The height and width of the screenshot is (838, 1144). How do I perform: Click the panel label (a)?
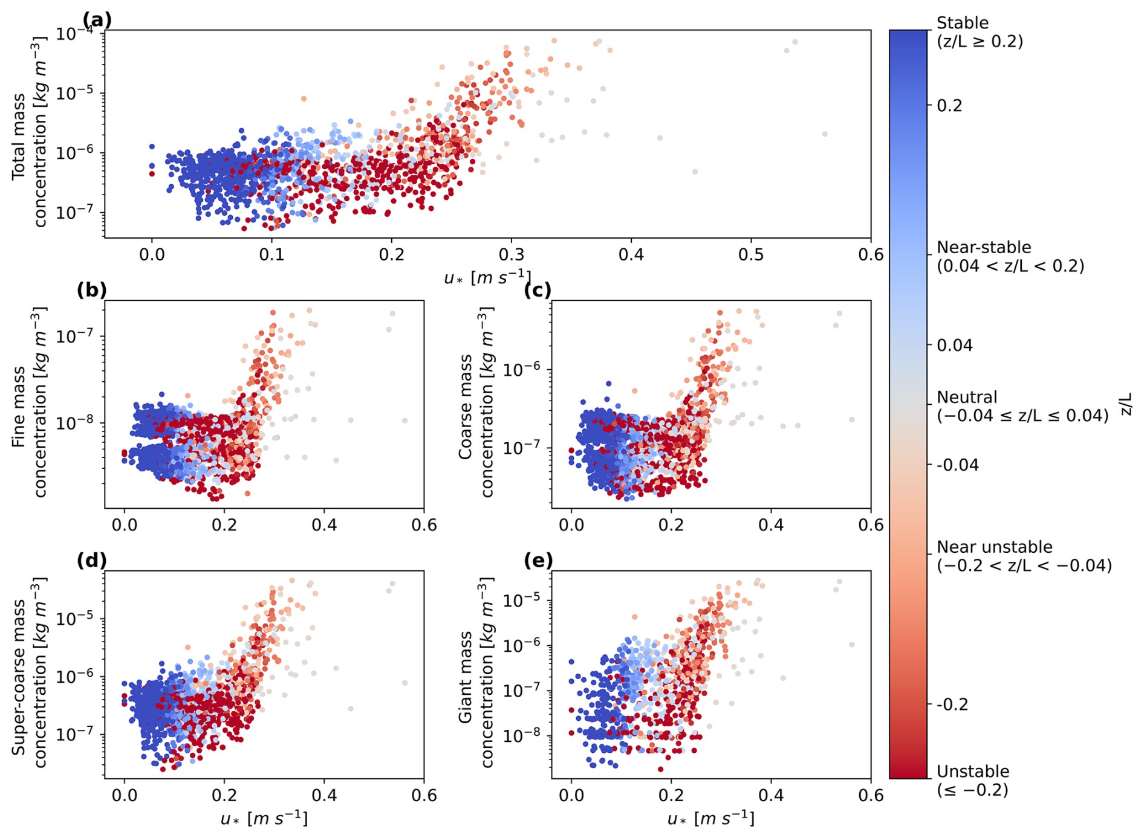(97, 20)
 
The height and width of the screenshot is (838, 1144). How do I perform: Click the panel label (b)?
(91, 290)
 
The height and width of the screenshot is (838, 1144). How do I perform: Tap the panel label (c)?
(538, 290)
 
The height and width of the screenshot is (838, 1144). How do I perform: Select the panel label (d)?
(91, 560)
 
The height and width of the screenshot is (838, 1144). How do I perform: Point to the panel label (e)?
(538, 560)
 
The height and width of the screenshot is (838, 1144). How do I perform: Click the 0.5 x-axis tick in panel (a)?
(751, 254)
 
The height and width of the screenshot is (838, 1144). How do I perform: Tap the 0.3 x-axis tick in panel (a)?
(512, 254)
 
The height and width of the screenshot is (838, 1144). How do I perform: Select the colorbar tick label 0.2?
(949, 106)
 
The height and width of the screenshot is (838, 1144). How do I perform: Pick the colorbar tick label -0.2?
(952, 704)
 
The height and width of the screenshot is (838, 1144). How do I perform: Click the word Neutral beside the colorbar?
(967, 397)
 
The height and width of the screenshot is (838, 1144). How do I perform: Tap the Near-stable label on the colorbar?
(984, 247)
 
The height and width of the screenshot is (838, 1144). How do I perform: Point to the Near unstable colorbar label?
(994, 547)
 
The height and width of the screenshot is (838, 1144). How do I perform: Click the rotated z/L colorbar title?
(1126, 404)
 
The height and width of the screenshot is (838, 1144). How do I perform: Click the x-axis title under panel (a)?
(487, 277)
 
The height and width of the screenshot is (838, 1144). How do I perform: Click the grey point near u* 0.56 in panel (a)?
(825, 134)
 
